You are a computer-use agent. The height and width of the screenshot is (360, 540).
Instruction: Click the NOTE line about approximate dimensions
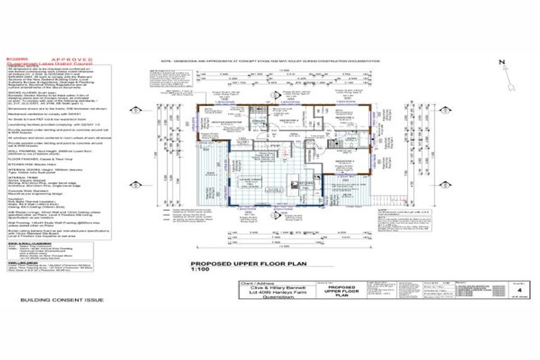[295, 61]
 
